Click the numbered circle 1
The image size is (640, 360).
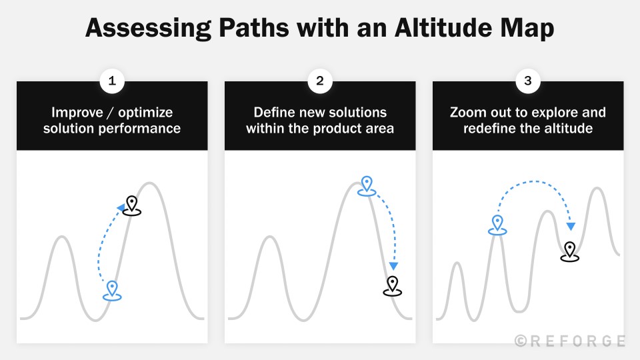[x=112, y=81]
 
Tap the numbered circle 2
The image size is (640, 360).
[x=320, y=81]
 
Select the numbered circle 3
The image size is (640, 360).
[x=528, y=81]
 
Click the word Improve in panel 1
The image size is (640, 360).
[x=75, y=112]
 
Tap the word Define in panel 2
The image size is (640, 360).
[x=274, y=112]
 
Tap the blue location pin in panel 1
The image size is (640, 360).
[x=112, y=289]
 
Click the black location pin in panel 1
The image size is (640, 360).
[x=132, y=205]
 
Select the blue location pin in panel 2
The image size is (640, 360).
[x=366, y=185]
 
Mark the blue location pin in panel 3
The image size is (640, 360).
[x=497, y=223]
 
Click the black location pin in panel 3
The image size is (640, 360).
[x=569, y=251]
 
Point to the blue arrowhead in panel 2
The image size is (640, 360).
[x=393, y=266]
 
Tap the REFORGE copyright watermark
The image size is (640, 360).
[x=571, y=341]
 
